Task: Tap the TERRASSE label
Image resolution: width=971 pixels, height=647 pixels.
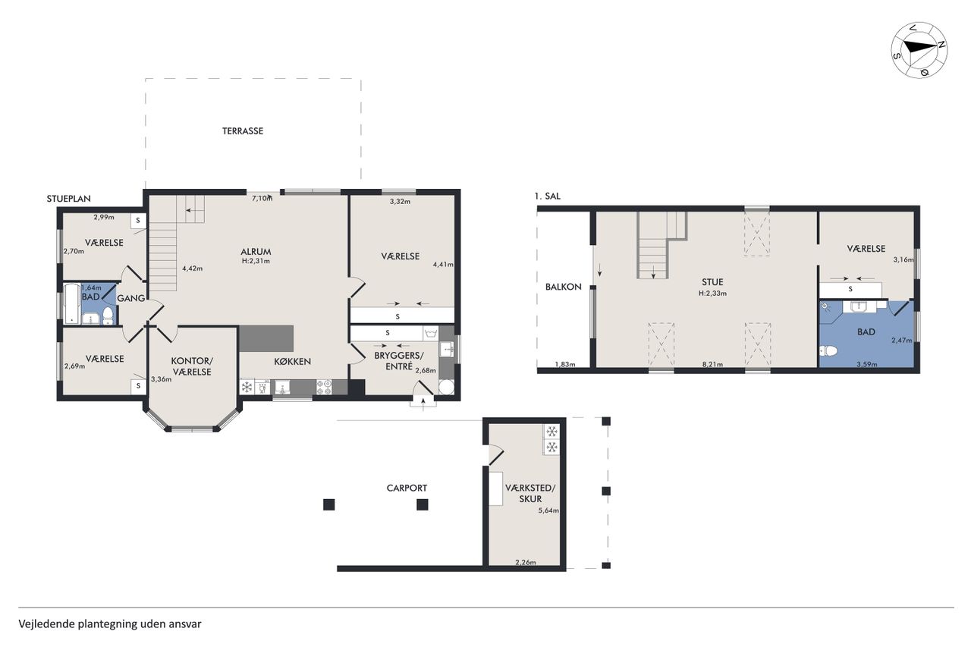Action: tap(243, 131)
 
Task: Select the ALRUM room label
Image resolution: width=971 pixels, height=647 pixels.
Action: tap(256, 251)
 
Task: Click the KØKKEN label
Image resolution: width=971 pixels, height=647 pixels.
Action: tap(292, 361)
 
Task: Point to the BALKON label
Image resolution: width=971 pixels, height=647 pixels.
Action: tap(563, 287)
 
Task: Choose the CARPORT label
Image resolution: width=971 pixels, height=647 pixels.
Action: tap(407, 488)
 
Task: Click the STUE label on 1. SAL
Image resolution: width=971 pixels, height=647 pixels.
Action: tap(712, 282)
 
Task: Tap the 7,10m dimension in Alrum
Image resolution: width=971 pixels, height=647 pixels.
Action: tap(262, 199)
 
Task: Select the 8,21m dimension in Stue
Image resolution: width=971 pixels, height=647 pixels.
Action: tap(712, 364)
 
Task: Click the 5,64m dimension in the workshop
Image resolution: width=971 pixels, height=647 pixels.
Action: tap(548, 510)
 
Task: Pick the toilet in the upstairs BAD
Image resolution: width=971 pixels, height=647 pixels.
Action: tap(828, 350)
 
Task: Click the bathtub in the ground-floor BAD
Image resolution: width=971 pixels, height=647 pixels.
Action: tap(72, 303)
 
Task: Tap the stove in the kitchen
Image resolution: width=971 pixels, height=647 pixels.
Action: tap(324, 387)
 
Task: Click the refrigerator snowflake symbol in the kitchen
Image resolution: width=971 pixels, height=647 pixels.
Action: tap(247, 387)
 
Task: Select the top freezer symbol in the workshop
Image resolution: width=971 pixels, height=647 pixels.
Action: tap(551, 432)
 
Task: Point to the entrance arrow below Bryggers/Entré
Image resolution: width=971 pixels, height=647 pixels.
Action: tap(423, 403)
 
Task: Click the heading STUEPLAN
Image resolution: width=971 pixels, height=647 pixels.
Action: tap(69, 199)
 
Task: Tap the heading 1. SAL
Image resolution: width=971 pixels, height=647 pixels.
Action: tap(547, 196)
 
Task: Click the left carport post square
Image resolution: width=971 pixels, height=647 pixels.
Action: tap(329, 504)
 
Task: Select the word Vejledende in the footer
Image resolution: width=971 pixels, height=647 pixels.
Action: tap(46, 624)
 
